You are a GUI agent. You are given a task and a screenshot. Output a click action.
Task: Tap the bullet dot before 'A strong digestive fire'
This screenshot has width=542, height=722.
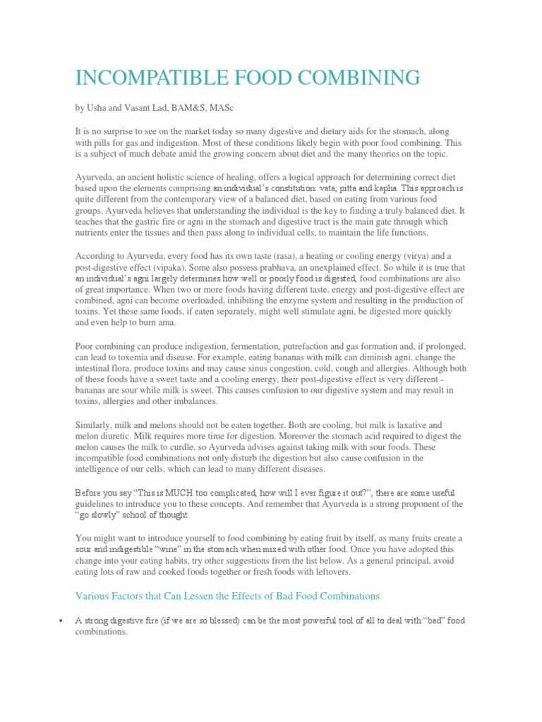(62, 620)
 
